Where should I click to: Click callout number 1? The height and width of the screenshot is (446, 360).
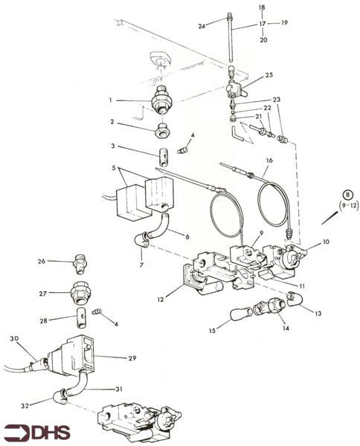pos(109,100)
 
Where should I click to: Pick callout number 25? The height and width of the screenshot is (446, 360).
pos(269,75)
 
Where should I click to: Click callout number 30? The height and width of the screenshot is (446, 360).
pos(13,338)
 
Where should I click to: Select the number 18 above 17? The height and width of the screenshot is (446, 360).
pos(261,7)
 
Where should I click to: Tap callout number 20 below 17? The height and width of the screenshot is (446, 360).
pos(261,39)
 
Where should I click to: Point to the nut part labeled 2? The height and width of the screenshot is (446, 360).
pos(159,133)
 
